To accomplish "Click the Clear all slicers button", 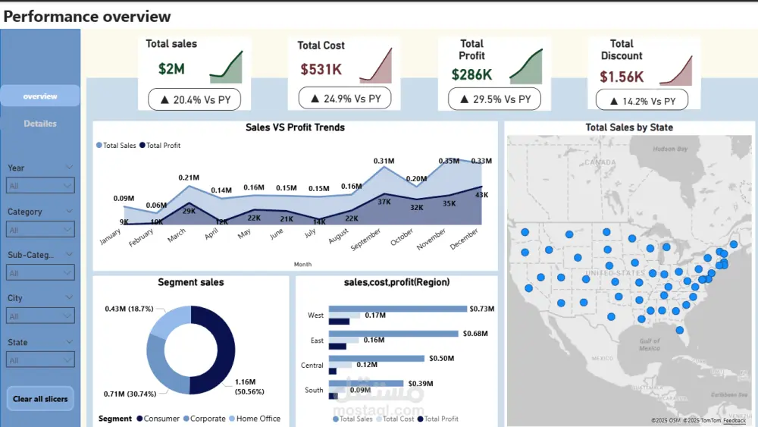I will (x=40, y=399).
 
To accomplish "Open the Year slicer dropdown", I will (x=41, y=185).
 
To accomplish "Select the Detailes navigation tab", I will (x=40, y=124).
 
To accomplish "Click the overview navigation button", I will (x=40, y=96).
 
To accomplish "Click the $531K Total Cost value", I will (x=321, y=70).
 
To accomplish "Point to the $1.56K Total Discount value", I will (x=622, y=77).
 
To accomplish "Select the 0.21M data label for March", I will (x=189, y=178).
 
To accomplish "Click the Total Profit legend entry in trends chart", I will (x=163, y=146).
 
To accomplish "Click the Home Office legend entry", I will (x=258, y=419).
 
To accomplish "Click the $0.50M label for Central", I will (x=441, y=358).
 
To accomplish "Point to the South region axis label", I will (x=314, y=391).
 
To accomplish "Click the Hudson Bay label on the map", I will (x=669, y=150).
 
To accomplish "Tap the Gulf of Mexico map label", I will (x=649, y=345).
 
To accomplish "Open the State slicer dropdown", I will (x=41, y=359).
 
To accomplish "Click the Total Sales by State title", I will (x=629, y=127).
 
